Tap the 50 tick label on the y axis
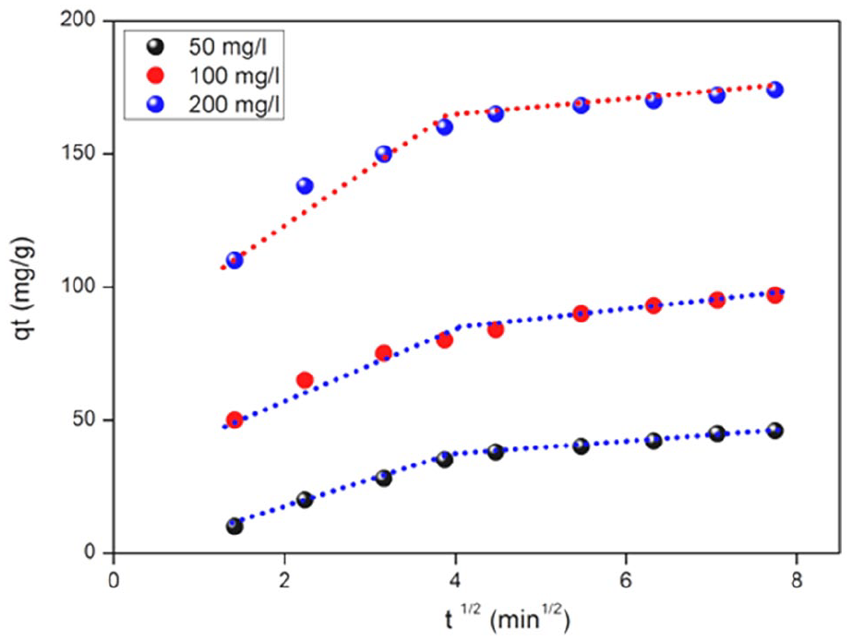click(x=90, y=421)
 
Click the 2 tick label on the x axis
click(x=284, y=578)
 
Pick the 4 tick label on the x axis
click(x=455, y=578)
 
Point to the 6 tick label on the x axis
click(x=626, y=578)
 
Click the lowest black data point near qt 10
click(x=234, y=527)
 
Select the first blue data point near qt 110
click(x=234, y=260)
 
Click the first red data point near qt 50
click(x=234, y=420)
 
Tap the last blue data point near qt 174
click(x=774, y=89)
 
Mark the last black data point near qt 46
click(x=774, y=431)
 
